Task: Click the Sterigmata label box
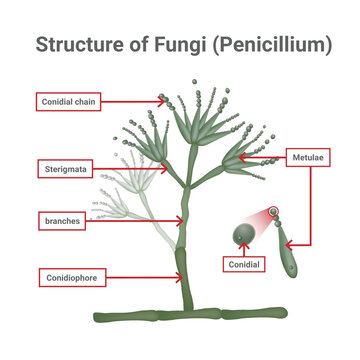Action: click(65, 169)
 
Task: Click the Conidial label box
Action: click(243, 265)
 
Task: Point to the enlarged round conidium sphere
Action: click(242, 236)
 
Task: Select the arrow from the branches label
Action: click(131, 220)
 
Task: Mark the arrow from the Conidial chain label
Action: click(130, 101)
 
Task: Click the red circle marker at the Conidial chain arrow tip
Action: click(161, 99)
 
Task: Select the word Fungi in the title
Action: click(176, 45)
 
